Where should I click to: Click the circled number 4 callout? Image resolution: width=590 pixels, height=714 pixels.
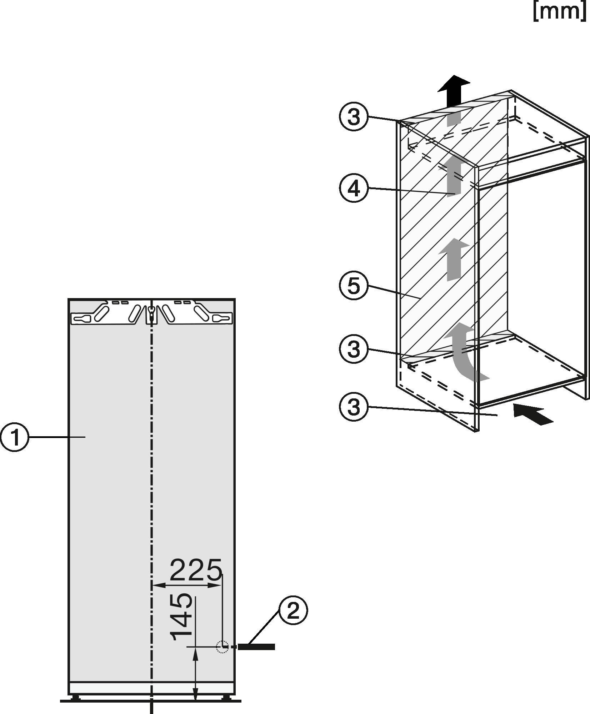tap(354, 189)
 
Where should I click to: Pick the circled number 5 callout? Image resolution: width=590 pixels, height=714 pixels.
tap(354, 286)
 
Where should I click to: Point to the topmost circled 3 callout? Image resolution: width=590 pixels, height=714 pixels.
tap(354, 117)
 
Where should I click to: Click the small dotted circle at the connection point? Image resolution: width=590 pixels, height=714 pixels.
tap(222, 647)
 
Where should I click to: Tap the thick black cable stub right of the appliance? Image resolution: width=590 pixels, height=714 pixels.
tap(256, 647)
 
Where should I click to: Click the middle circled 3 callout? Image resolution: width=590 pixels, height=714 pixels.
tap(354, 349)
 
